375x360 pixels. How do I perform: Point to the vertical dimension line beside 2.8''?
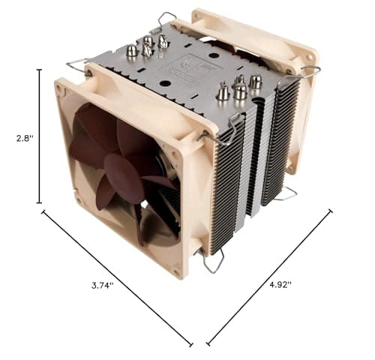[39, 136]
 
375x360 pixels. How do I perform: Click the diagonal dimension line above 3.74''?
[116, 277]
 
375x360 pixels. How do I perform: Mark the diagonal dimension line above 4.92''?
[270, 277]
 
